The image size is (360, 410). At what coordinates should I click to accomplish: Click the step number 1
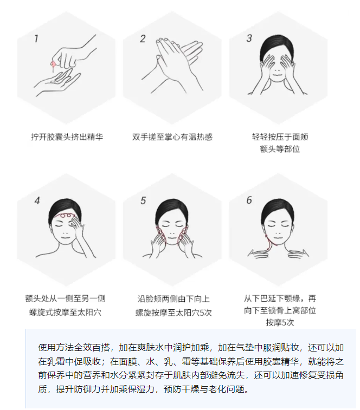pos(36,38)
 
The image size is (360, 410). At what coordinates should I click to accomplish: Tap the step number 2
pos(143,38)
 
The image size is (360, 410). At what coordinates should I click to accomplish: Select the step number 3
pos(249,38)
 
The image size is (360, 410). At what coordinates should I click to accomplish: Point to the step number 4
pos(37,201)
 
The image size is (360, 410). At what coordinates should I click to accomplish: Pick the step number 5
pos(143,200)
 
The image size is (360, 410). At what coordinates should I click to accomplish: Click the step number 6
pos(249,200)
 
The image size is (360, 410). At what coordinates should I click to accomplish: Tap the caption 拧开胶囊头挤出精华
pos(67,137)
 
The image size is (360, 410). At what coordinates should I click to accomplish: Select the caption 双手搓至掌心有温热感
pos(172,137)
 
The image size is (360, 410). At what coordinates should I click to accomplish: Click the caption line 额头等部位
pos(280,149)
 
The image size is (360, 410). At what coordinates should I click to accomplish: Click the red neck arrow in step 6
pos(268,243)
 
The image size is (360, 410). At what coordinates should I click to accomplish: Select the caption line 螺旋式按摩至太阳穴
pos(65,312)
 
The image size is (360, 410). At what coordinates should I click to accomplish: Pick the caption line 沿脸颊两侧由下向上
pos(173,298)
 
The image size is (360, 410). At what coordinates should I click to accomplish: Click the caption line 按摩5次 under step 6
pos(280,322)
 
